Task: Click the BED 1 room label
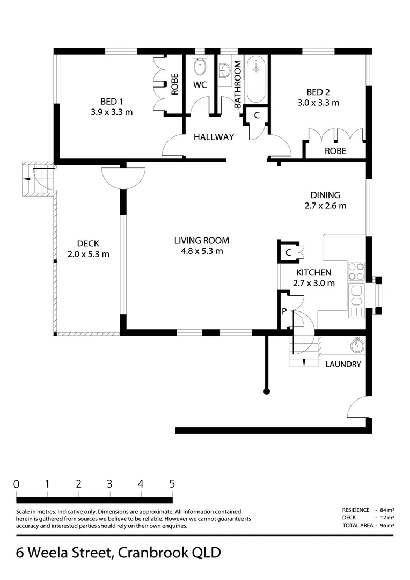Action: click(112, 102)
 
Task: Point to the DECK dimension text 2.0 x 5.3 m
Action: click(89, 254)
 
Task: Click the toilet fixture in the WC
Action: click(200, 67)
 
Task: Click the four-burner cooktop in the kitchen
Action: click(356, 272)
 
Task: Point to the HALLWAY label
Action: click(214, 137)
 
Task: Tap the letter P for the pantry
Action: click(284, 311)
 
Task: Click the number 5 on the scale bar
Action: click(172, 483)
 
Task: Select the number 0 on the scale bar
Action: click(17, 483)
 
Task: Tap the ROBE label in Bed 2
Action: click(335, 151)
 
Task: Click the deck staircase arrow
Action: click(24, 180)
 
